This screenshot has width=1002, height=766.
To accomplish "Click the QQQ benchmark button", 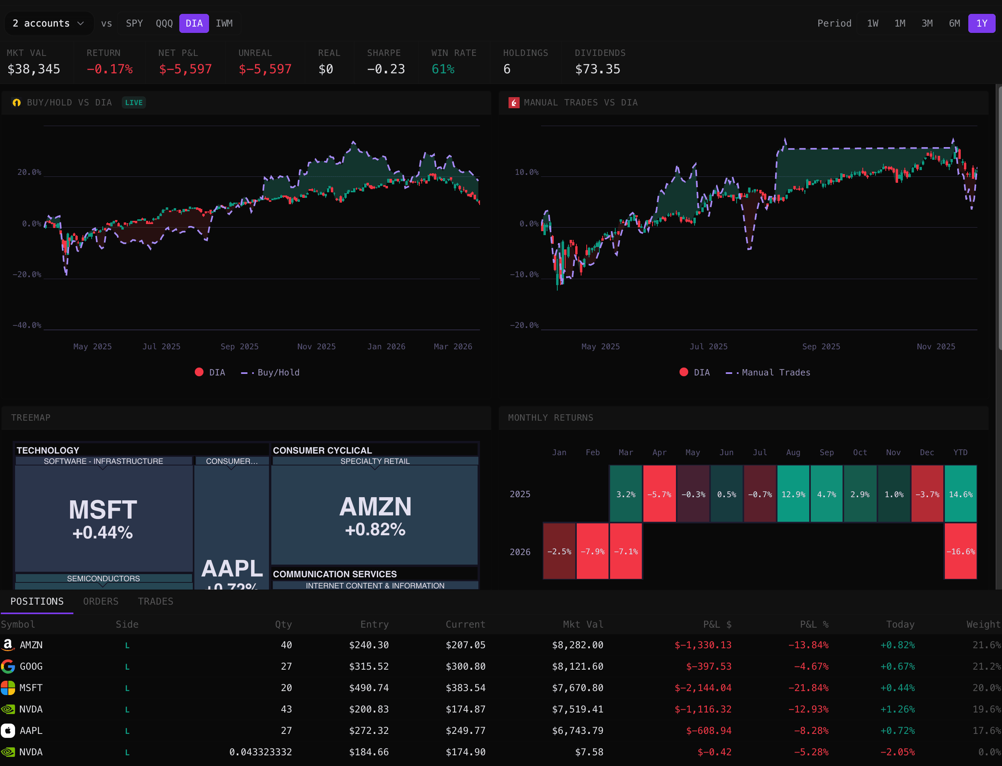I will pyautogui.click(x=164, y=23).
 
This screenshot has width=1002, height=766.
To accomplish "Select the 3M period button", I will pyautogui.click(x=927, y=23).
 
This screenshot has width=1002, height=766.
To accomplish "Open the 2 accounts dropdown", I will pyautogui.click(x=48, y=23).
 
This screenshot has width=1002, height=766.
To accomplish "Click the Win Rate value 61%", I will pyautogui.click(x=443, y=69).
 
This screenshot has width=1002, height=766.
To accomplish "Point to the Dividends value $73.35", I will pyautogui.click(x=597, y=69).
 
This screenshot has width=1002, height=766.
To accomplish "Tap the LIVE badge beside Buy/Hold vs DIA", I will pyautogui.click(x=134, y=103).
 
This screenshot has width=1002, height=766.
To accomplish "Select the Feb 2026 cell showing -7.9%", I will pyautogui.click(x=593, y=551).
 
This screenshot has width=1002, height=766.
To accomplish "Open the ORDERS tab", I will pyautogui.click(x=101, y=601).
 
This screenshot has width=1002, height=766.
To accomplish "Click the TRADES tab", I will pyautogui.click(x=155, y=601).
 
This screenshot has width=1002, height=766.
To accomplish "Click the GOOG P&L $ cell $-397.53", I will pyautogui.click(x=708, y=666).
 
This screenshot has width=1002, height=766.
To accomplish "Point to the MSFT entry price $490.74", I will pyautogui.click(x=369, y=687).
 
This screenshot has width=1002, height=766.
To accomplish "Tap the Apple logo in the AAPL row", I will pyautogui.click(x=8, y=730).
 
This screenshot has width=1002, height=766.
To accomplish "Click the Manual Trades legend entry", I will pyautogui.click(x=775, y=373).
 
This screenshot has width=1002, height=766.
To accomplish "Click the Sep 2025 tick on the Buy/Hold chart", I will pyautogui.click(x=240, y=347).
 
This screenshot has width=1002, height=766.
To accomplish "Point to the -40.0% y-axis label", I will pyautogui.click(x=27, y=325).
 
